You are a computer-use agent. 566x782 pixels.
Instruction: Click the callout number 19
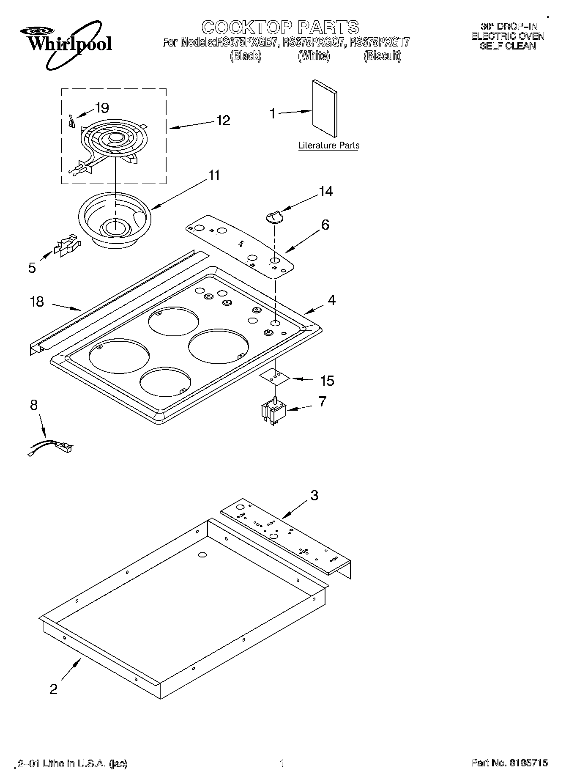pos(102,108)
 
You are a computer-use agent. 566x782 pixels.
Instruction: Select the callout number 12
pos(223,121)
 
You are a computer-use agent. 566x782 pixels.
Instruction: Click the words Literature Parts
pos(328,145)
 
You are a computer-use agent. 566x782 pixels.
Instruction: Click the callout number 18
pos(37,302)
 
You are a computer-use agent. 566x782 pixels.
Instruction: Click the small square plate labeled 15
pos(275,376)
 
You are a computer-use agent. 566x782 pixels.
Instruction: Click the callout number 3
pos(314,495)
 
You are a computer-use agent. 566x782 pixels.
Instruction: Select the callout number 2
pos(53,689)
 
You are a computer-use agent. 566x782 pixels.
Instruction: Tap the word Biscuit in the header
pos(382,56)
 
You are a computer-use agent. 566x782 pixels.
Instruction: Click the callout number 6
pos(325,225)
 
